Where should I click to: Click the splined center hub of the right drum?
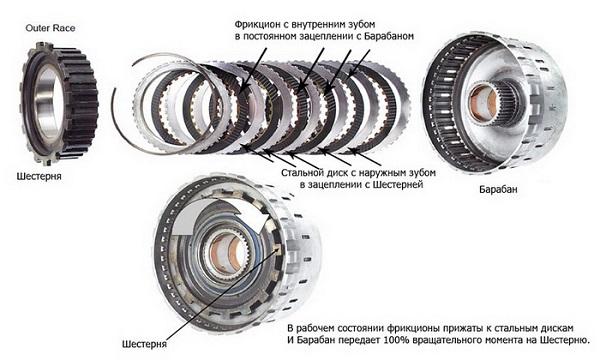pos(493,102)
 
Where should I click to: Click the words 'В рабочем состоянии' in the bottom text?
pos(344,326)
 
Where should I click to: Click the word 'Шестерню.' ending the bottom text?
pos(569,339)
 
